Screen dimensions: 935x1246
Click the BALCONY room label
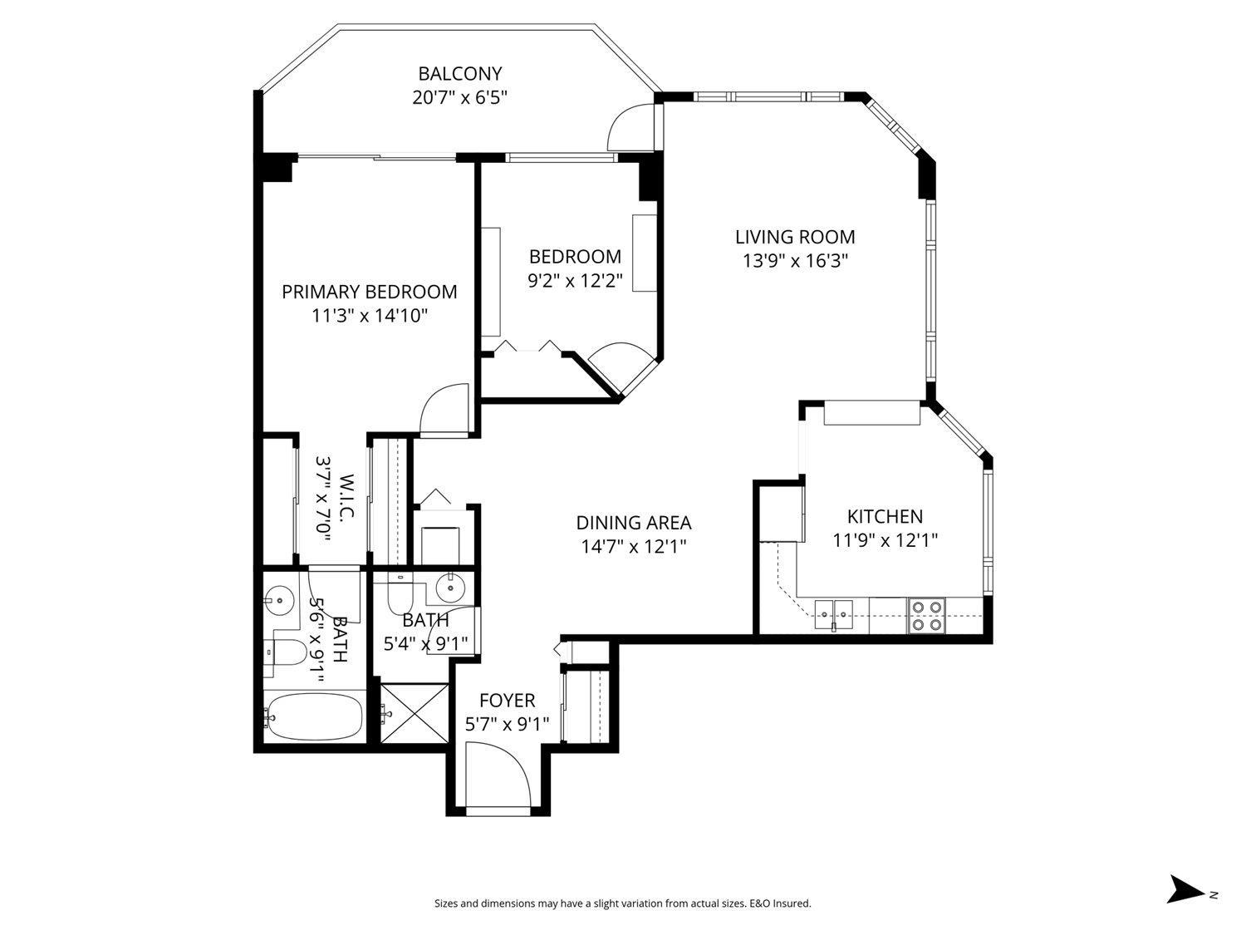tap(459, 74)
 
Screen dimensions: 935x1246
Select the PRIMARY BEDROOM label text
tap(369, 292)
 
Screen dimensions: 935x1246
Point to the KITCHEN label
tap(885, 517)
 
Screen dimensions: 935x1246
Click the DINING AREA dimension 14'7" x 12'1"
tap(634, 546)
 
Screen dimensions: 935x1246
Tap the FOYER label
tap(507, 701)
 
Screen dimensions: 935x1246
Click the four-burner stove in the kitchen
tap(926, 615)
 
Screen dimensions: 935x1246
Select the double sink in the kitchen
tap(833, 614)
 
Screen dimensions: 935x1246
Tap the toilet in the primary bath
tap(286, 652)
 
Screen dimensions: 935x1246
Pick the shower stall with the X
tap(415, 712)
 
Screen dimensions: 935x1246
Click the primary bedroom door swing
tap(447, 409)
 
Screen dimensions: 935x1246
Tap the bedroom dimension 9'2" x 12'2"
tap(575, 280)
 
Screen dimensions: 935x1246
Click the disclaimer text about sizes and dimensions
tap(622, 903)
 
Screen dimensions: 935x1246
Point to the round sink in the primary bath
tap(280, 598)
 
